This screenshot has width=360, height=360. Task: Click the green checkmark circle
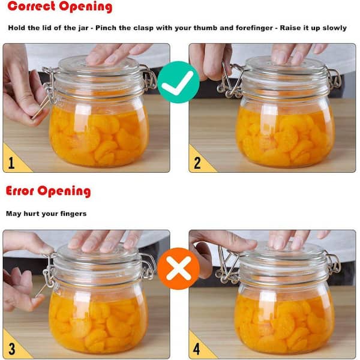click(x=178, y=82)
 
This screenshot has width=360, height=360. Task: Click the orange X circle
click(x=178, y=268)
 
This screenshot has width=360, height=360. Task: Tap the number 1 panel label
click(x=11, y=163)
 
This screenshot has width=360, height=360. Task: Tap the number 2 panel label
click(x=197, y=163)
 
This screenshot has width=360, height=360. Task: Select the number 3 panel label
click(x=11, y=349)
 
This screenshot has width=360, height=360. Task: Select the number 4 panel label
click(x=197, y=349)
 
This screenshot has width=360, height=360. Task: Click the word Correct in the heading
click(x=31, y=6)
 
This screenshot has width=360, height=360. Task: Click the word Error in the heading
click(x=20, y=191)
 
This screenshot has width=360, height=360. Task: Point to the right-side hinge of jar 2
click(x=335, y=79)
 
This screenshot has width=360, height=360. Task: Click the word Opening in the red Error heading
click(x=64, y=191)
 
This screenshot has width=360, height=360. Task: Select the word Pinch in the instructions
click(x=106, y=28)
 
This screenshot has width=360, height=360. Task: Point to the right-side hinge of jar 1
click(x=149, y=79)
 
